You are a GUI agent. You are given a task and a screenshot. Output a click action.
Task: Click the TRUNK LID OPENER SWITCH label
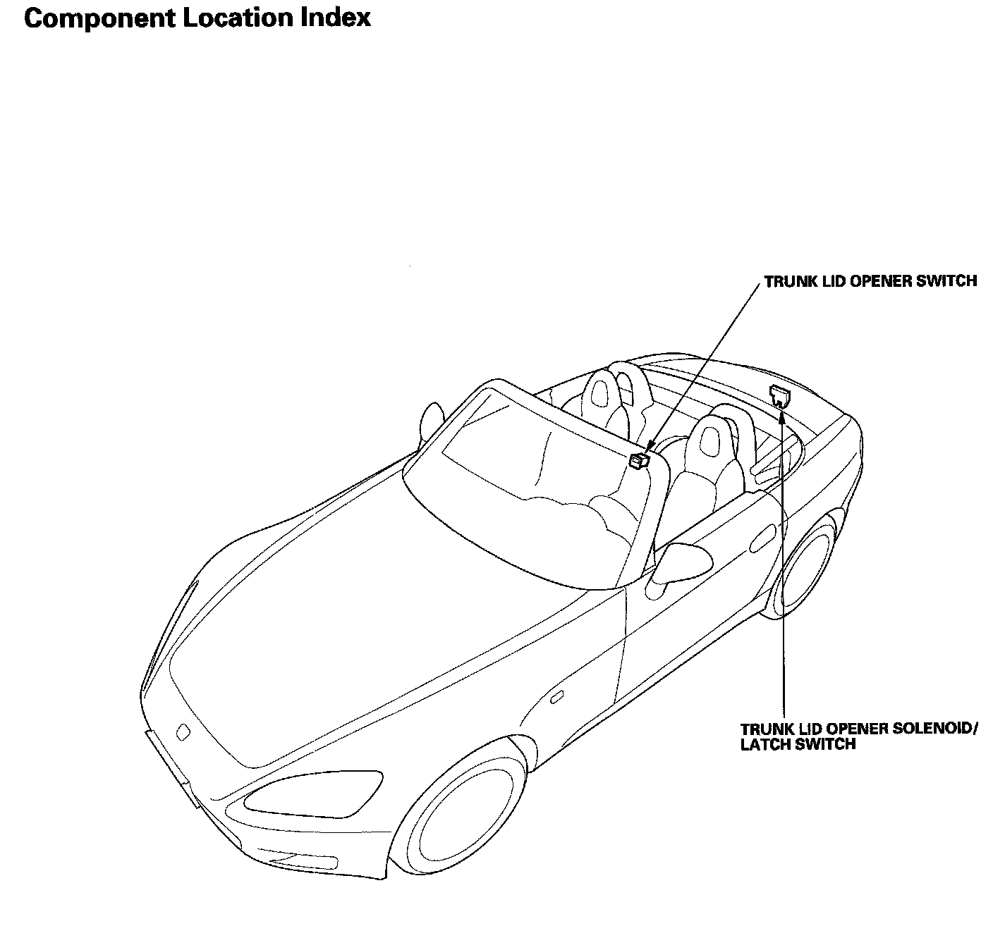pos(870,281)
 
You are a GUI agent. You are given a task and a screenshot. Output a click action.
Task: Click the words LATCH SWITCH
pos(798,744)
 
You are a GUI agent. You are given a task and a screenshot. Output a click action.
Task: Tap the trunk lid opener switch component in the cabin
pos(638,461)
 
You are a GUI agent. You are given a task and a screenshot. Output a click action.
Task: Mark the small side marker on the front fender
pos(556,698)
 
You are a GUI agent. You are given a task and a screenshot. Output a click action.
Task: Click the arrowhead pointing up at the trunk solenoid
pos(783,416)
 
